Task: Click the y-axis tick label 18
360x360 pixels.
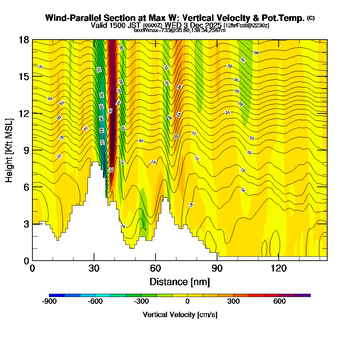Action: click(x=24, y=40)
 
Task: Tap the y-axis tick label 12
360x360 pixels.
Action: click(x=24, y=113)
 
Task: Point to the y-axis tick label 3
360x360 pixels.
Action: click(x=26, y=224)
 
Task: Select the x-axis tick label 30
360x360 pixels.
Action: click(x=94, y=268)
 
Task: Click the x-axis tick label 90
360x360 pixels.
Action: click(x=217, y=268)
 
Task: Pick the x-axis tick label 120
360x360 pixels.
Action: click(x=279, y=268)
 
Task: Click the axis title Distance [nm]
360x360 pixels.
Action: click(x=180, y=281)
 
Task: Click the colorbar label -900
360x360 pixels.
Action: click(x=49, y=302)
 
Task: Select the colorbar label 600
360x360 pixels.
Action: click(x=279, y=302)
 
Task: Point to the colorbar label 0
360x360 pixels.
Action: click(x=187, y=302)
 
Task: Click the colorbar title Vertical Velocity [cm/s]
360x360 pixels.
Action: click(x=180, y=315)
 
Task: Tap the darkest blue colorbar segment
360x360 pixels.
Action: click(x=57, y=295)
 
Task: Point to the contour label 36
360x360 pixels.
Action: click(x=256, y=53)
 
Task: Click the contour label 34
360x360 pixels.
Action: click(x=243, y=60)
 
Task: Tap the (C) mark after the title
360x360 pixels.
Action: click(x=311, y=18)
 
